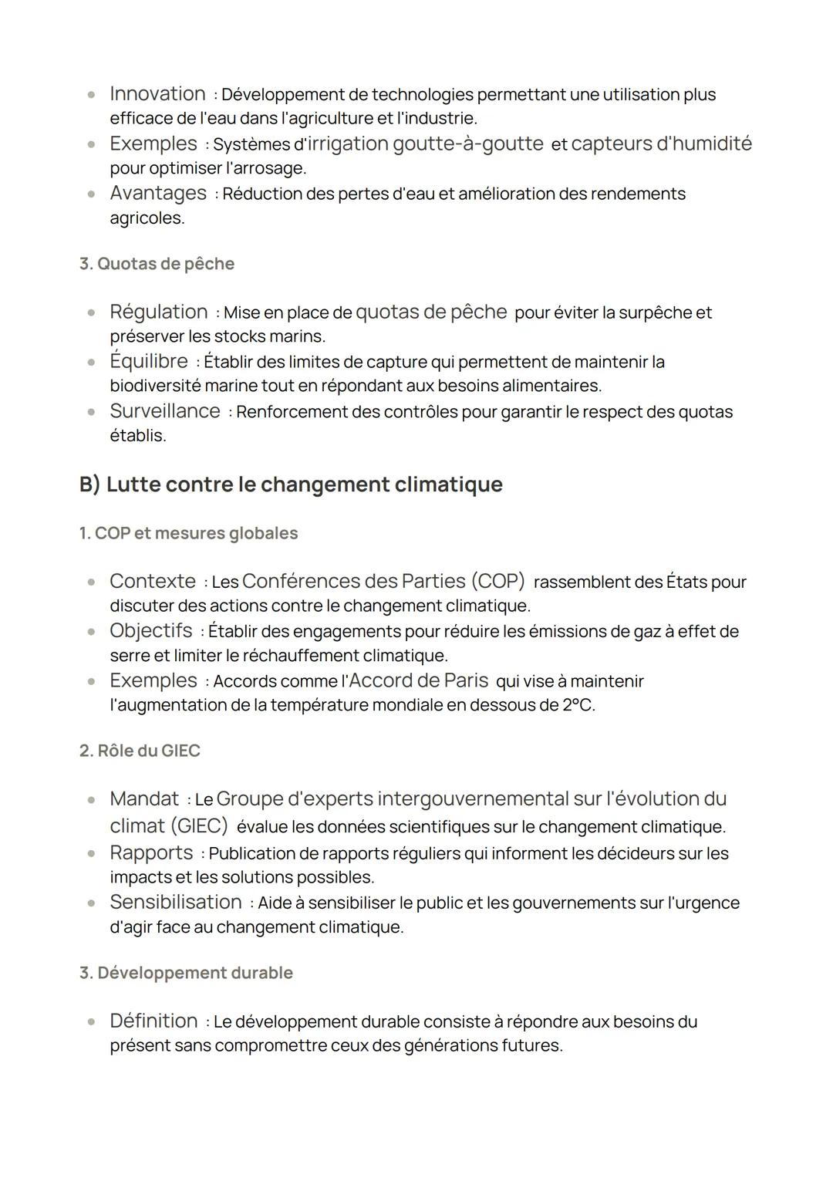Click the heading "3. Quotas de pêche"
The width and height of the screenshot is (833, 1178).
click(157, 264)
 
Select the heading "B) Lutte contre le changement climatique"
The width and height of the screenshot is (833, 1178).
click(291, 484)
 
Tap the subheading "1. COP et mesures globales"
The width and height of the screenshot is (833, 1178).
click(188, 533)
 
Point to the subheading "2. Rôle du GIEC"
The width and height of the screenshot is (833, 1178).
click(140, 751)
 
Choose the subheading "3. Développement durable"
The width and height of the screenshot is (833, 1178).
click(186, 973)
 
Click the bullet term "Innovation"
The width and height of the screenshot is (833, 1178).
click(157, 94)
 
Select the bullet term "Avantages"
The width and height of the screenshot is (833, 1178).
click(158, 193)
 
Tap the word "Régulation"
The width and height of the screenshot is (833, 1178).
click(159, 312)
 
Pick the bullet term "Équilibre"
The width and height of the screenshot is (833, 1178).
click(149, 361)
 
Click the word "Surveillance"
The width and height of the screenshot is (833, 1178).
click(165, 411)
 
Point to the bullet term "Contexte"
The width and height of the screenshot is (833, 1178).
click(153, 581)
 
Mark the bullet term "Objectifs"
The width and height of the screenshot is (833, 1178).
click(151, 631)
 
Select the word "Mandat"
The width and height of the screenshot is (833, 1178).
click(144, 798)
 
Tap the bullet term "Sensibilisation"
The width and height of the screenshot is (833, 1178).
click(176, 902)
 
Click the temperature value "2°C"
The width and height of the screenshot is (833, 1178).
click(577, 705)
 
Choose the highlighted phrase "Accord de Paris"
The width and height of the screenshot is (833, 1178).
click(419, 680)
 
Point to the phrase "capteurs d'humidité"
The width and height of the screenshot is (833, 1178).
click(661, 143)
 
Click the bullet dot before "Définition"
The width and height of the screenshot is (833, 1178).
click(92, 1021)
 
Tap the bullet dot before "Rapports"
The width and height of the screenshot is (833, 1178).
click(92, 853)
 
